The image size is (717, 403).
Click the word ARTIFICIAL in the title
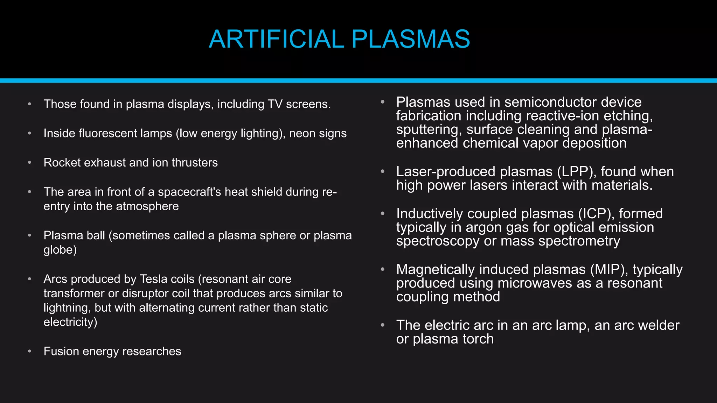coord(276,39)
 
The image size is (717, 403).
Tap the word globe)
coord(60,250)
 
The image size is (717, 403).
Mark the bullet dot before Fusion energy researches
coord(30,351)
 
